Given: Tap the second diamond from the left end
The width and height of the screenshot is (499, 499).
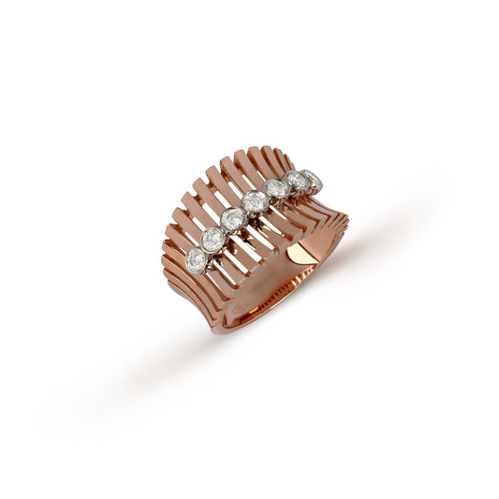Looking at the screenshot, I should coord(213,238).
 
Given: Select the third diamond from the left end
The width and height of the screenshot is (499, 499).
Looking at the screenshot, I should coord(234,220).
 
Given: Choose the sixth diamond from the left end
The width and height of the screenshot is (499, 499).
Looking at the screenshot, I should coord(298,181).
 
